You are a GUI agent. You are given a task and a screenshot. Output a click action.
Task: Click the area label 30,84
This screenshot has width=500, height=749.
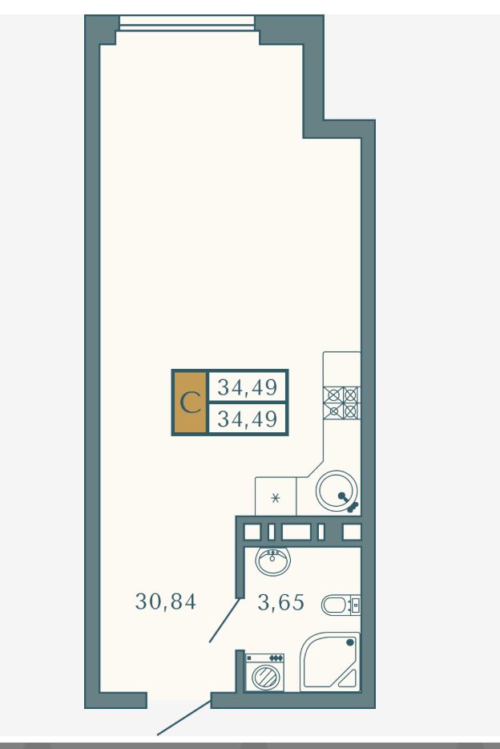(166, 601)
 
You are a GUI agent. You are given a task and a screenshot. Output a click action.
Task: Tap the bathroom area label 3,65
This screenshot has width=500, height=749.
(280, 602)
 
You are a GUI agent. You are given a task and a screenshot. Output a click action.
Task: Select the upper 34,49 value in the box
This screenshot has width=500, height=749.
(247, 387)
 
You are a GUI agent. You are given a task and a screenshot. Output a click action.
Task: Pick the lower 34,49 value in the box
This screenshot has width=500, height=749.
(247, 419)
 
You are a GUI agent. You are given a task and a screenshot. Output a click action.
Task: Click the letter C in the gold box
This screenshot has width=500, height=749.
(191, 403)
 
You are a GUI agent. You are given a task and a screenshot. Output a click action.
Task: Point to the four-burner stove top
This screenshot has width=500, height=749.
(341, 403)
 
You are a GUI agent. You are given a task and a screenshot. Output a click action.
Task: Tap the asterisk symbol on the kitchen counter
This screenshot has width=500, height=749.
(276, 498)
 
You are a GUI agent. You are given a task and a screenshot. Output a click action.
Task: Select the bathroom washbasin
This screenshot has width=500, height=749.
(273, 561)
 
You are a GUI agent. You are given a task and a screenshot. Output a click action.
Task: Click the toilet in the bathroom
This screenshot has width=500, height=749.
(341, 605)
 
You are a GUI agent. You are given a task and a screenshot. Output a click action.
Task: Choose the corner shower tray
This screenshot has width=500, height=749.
(329, 662)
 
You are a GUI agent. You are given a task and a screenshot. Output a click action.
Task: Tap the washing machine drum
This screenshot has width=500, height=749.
(264, 677)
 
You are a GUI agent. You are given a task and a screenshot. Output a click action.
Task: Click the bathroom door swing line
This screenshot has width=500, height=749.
(224, 620)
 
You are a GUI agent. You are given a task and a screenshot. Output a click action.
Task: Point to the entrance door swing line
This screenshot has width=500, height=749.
(184, 717)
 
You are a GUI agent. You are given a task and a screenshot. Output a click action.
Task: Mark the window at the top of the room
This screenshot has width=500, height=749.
(187, 22)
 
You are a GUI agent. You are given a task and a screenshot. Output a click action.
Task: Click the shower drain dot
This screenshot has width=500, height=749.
(350, 642)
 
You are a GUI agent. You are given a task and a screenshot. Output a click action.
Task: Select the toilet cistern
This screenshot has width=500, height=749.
(354, 605)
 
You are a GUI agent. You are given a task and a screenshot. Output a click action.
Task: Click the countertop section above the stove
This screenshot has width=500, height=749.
(341, 369)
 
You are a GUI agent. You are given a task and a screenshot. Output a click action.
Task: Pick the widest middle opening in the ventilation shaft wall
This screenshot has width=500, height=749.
(296, 532)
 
